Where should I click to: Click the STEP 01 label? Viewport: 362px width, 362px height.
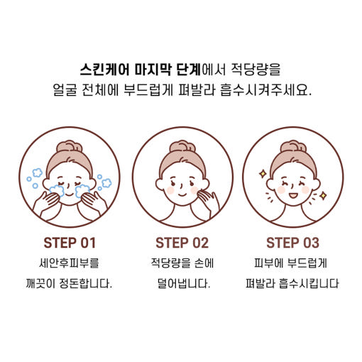(x=70, y=243)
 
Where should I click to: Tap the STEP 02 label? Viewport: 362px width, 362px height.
(x=182, y=243)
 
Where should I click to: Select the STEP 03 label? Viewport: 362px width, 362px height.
(x=292, y=243)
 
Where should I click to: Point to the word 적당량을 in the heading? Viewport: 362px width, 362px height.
(x=256, y=69)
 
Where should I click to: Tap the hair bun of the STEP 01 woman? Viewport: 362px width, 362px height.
(x=70, y=147)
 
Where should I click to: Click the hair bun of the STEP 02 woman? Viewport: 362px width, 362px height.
(x=182, y=147)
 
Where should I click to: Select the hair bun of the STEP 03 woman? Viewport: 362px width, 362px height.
(x=293, y=147)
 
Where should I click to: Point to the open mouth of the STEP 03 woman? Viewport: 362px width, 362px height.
(x=293, y=196)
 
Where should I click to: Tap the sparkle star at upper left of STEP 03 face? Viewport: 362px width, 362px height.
(x=263, y=174)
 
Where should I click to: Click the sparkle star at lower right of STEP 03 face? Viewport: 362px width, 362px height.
(x=323, y=196)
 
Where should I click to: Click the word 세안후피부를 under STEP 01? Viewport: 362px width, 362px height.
(x=69, y=263)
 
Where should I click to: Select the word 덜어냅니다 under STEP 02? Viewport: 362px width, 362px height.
(x=184, y=283)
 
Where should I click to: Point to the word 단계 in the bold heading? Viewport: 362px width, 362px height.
(x=189, y=69)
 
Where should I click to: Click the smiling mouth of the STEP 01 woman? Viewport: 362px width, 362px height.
(x=70, y=194)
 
